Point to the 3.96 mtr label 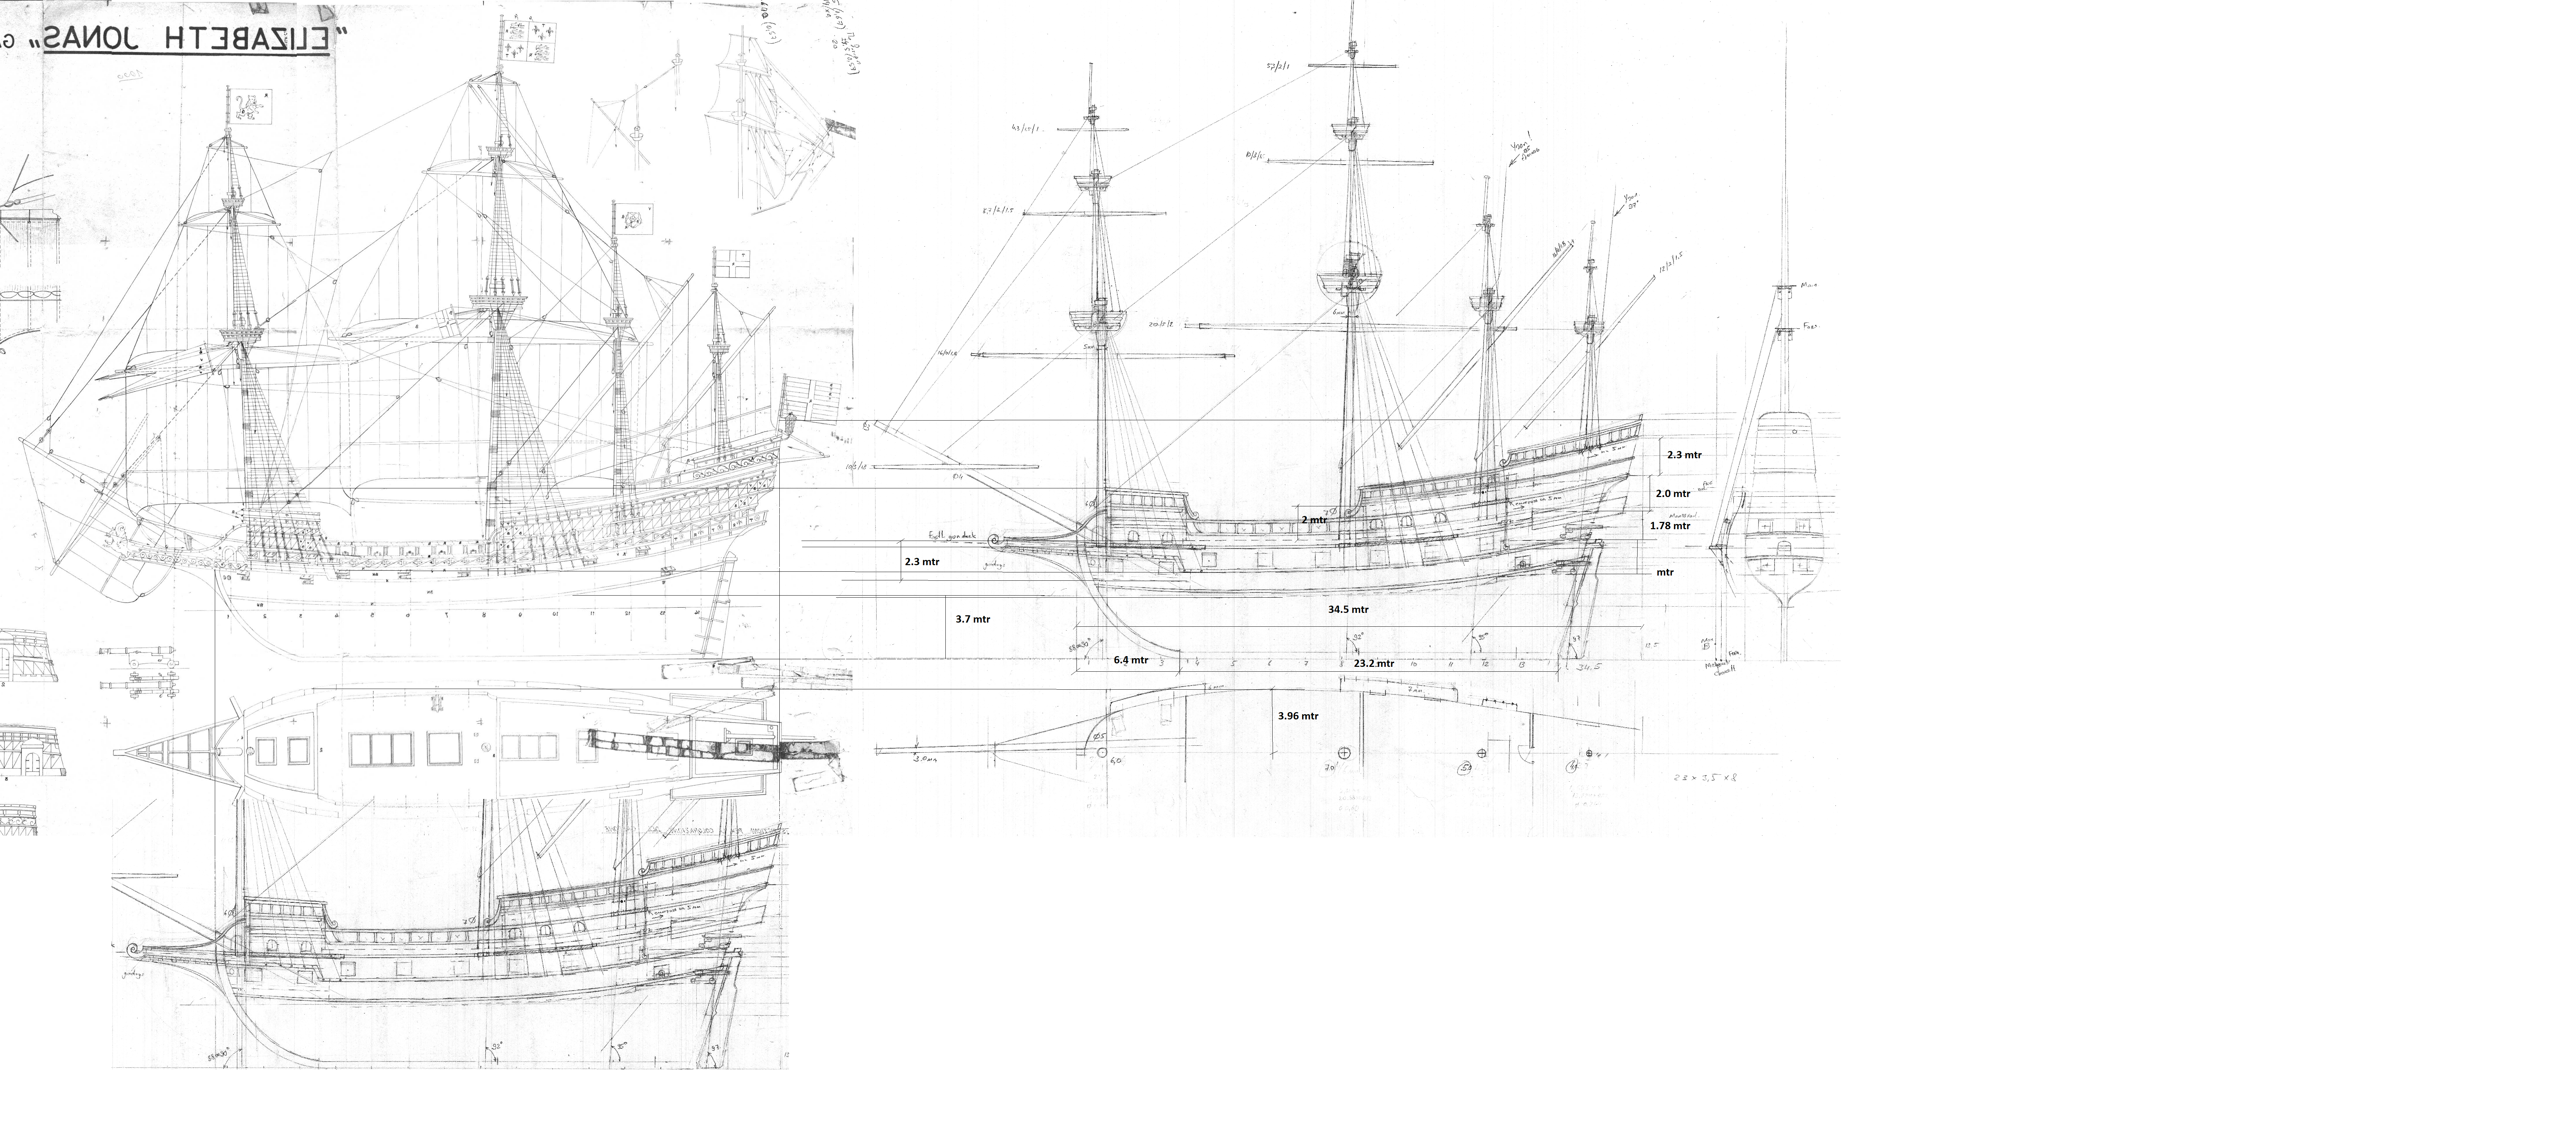1298,715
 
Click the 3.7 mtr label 973,619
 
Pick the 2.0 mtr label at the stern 1672,493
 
